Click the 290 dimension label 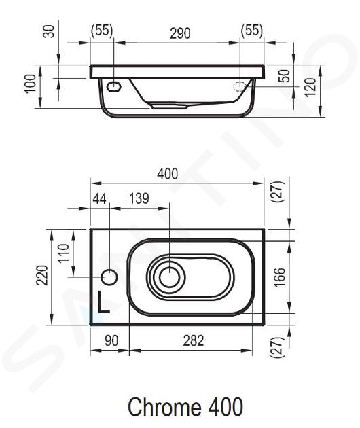(180, 33)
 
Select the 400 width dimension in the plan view (167, 174)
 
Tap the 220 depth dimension (42, 275)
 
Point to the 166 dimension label (279, 277)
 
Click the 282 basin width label (193, 340)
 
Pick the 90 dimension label (111, 340)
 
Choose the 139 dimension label (139, 198)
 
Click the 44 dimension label (99, 198)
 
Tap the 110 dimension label (63, 253)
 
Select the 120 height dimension (310, 88)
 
